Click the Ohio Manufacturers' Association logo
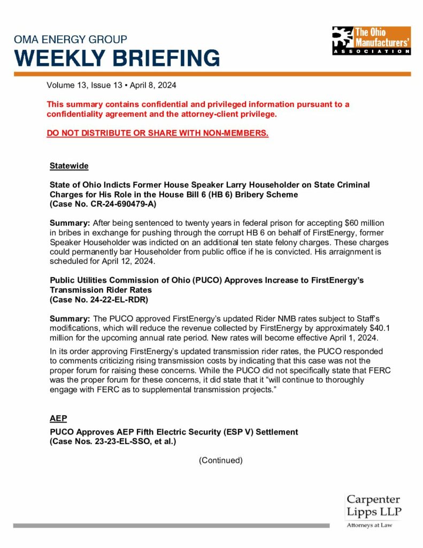click(371, 41)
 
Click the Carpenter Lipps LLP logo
click(373, 506)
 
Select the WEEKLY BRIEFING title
click(117, 58)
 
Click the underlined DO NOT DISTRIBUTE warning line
click(157, 133)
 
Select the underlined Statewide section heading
click(69, 166)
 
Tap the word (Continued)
click(220, 460)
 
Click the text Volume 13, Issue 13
click(79, 85)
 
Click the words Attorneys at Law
click(369, 526)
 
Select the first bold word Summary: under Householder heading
click(69, 222)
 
